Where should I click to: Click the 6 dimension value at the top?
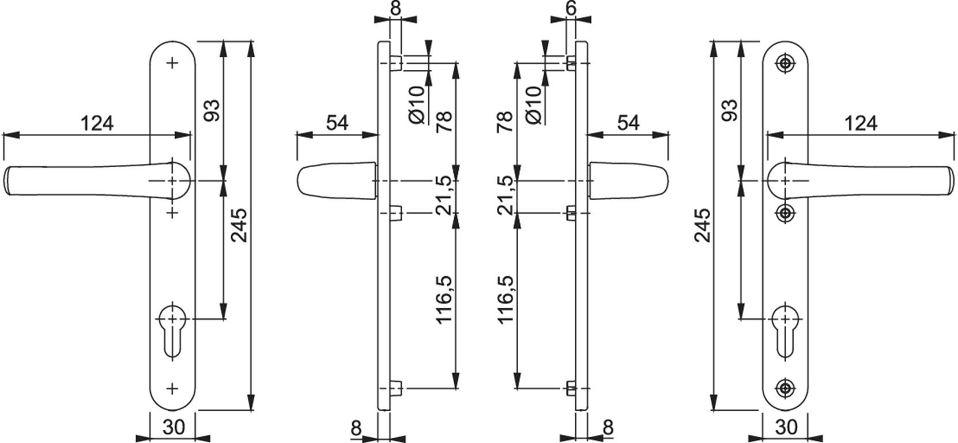[571, 7]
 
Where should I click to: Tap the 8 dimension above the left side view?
[396, 7]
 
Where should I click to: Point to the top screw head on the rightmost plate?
[785, 63]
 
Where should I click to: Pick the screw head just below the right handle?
[785, 213]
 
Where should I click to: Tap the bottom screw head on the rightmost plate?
[785, 388]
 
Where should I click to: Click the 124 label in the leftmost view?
[97, 123]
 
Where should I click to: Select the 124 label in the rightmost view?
[861, 123]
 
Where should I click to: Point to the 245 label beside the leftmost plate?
[240, 225]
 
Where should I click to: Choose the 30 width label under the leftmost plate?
[174, 427]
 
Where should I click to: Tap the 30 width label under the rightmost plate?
[786, 427]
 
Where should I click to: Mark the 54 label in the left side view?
[337, 123]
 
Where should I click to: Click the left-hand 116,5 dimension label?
[443, 299]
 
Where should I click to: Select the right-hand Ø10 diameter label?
[534, 106]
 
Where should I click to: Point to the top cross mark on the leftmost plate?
[172, 63]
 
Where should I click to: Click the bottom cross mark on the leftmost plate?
[172, 389]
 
